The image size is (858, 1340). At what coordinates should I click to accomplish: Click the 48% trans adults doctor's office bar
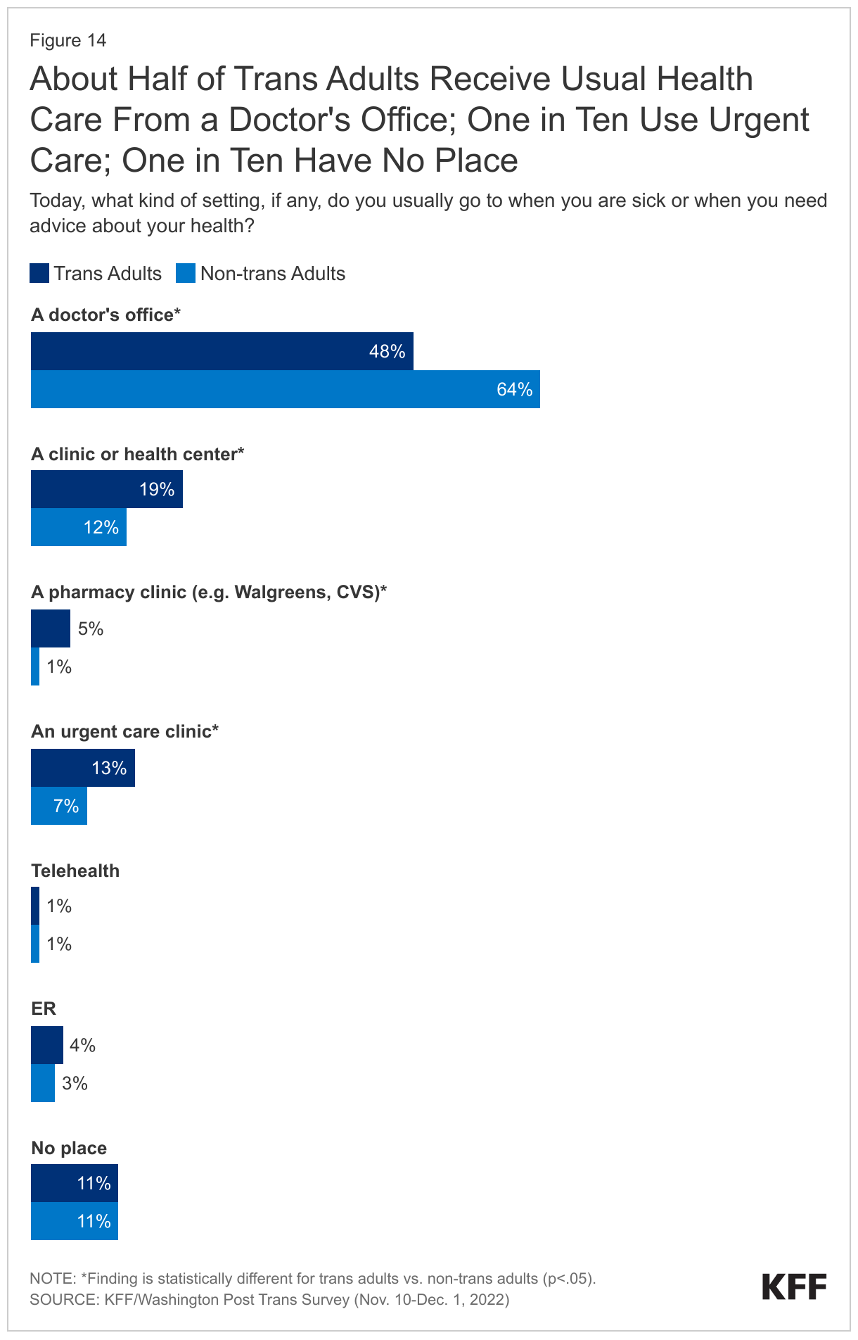[x=222, y=351]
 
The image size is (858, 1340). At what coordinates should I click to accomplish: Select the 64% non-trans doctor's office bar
[x=285, y=389]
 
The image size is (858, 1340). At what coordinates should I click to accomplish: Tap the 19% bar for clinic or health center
[x=106, y=489]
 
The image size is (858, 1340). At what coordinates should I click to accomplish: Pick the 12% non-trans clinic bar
[x=78, y=527]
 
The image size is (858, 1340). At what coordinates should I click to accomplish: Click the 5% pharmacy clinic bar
[x=50, y=628]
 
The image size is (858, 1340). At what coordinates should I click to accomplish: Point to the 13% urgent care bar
[x=82, y=768]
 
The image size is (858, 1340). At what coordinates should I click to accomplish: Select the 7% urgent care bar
[x=58, y=806]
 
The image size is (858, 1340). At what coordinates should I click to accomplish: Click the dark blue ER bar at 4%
[x=46, y=1045]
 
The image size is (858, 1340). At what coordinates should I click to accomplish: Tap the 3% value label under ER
[x=75, y=1083]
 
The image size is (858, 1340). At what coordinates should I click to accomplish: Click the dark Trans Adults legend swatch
[x=39, y=273]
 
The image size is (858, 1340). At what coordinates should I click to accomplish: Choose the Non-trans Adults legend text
[x=273, y=273]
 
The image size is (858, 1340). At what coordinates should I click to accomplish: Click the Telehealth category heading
[x=75, y=871]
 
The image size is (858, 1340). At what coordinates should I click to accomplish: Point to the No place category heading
[x=69, y=1148]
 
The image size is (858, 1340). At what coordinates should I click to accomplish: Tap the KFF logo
[x=794, y=1287]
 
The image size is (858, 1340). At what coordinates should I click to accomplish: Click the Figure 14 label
[x=68, y=40]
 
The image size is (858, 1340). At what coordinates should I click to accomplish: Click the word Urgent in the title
[x=759, y=120]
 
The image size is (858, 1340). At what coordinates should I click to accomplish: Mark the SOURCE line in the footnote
[x=269, y=1299]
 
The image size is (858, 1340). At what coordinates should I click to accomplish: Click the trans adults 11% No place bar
[x=74, y=1183]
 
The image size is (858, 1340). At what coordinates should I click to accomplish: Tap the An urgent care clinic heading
[x=124, y=731]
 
